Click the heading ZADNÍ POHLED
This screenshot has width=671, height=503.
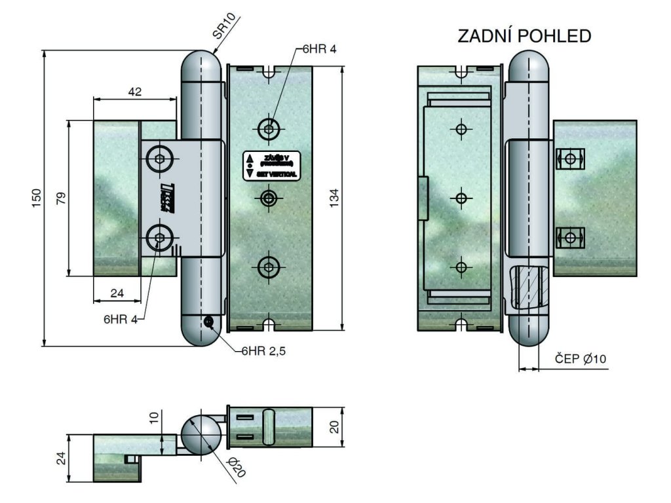click(524, 36)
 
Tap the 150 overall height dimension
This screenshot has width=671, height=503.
click(37, 197)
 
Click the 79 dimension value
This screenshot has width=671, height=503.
click(61, 198)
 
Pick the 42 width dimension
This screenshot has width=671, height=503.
click(134, 92)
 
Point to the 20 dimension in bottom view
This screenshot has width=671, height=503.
click(334, 427)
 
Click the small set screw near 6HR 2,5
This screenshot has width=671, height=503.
click(209, 321)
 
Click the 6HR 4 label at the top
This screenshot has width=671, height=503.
click(319, 50)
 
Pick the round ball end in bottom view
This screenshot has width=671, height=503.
click(200, 434)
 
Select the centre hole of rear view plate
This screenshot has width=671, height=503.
click(461, 197)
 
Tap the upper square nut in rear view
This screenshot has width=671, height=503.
click(570, 158)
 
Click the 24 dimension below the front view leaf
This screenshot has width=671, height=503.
click(117, 293)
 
